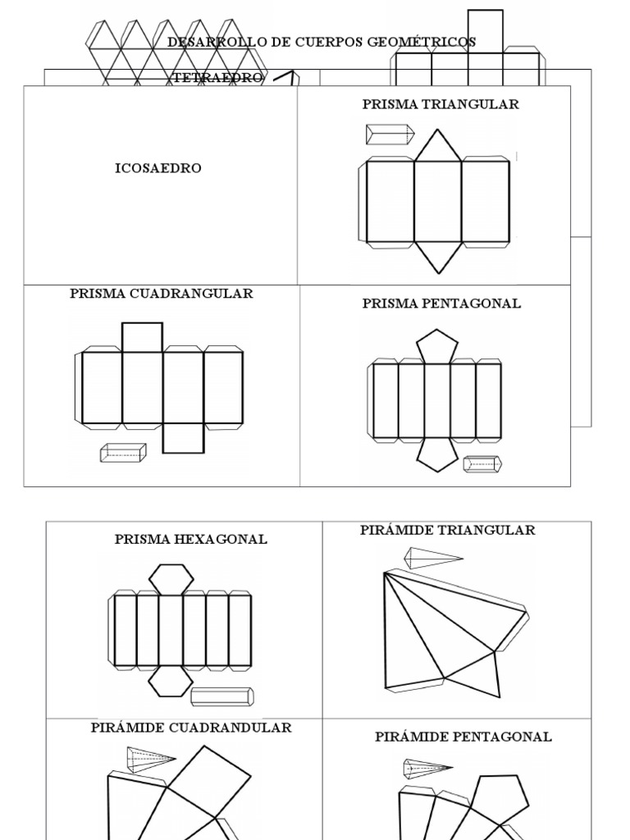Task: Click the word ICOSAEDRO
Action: tap(157, 168)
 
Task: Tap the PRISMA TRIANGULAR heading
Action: tap(441, 104)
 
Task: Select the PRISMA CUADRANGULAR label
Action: tap(162, 294)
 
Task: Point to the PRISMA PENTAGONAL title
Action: tap(441, 304)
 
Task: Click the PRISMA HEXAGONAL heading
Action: tap(191, 539)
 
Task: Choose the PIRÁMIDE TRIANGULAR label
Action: tap(448, 530)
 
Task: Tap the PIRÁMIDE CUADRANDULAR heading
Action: tap(191, 728)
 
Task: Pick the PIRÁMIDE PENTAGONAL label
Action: tap(463, 737)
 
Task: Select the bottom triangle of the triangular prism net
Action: tap(438, 256)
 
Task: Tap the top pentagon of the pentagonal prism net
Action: tap(437, 346)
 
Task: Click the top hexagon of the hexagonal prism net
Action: tap(171, 578)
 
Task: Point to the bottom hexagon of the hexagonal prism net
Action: tap(171, 680)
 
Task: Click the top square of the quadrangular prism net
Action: tap(143, 337)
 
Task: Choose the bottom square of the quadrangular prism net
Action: tap(183, 438)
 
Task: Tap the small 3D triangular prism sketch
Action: tap(390, 134)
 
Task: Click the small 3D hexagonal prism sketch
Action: tap(221, 696)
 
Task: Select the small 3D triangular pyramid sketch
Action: tap(433, 559)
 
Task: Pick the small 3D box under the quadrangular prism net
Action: tap(123, 453)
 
